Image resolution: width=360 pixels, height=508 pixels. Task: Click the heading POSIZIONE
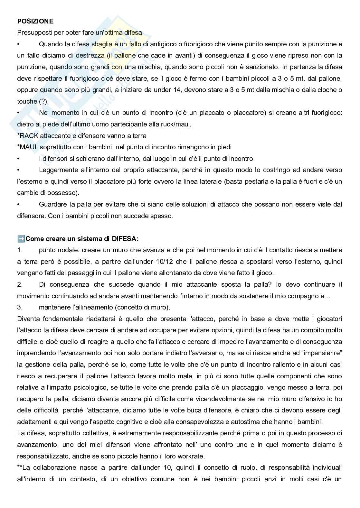coord(35,21)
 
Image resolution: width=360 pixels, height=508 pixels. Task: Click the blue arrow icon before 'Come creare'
coord(21,239)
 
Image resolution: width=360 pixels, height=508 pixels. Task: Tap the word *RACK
coord(28,136)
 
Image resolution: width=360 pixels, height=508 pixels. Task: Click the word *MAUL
coord(28,147)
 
